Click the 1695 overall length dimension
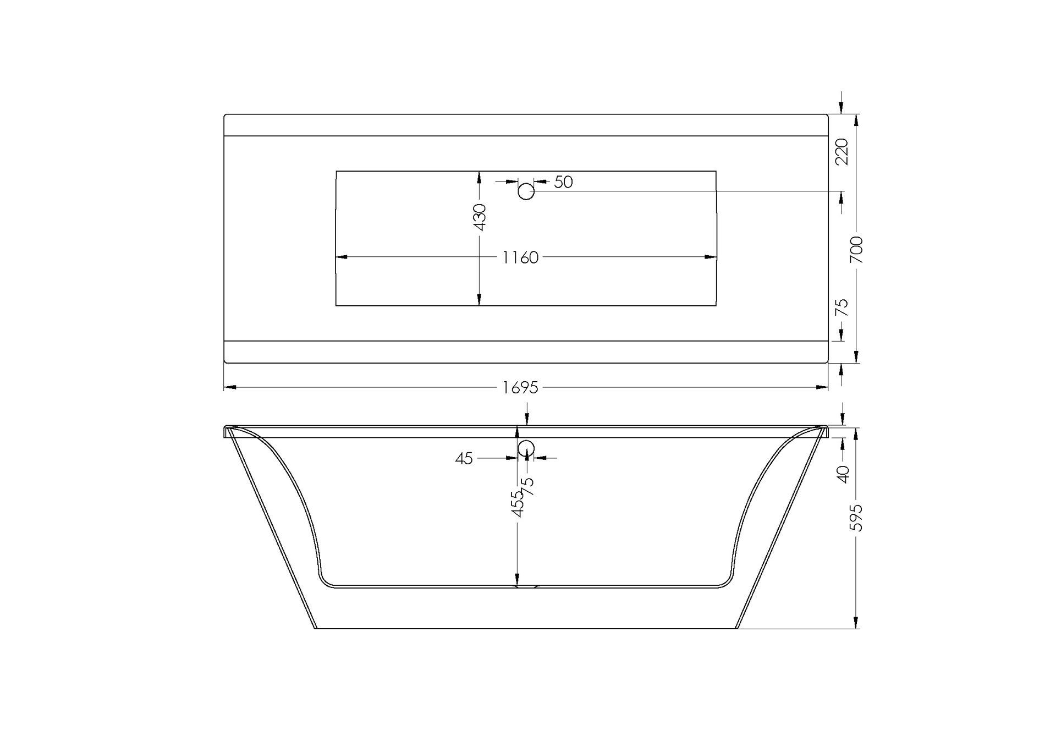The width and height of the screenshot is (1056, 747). tap(520, 388)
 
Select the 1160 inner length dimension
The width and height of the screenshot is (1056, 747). tap(520, 257)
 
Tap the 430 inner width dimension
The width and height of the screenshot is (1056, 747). tap(480, 217)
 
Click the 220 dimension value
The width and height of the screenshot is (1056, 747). tap(842, 151)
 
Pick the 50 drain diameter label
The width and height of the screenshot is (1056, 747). tap(563, 182)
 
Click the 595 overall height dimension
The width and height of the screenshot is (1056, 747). tap(857, 518)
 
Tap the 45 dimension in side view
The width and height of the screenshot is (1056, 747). tap(464, 458)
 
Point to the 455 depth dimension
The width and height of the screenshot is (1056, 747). tap(518, 504)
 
